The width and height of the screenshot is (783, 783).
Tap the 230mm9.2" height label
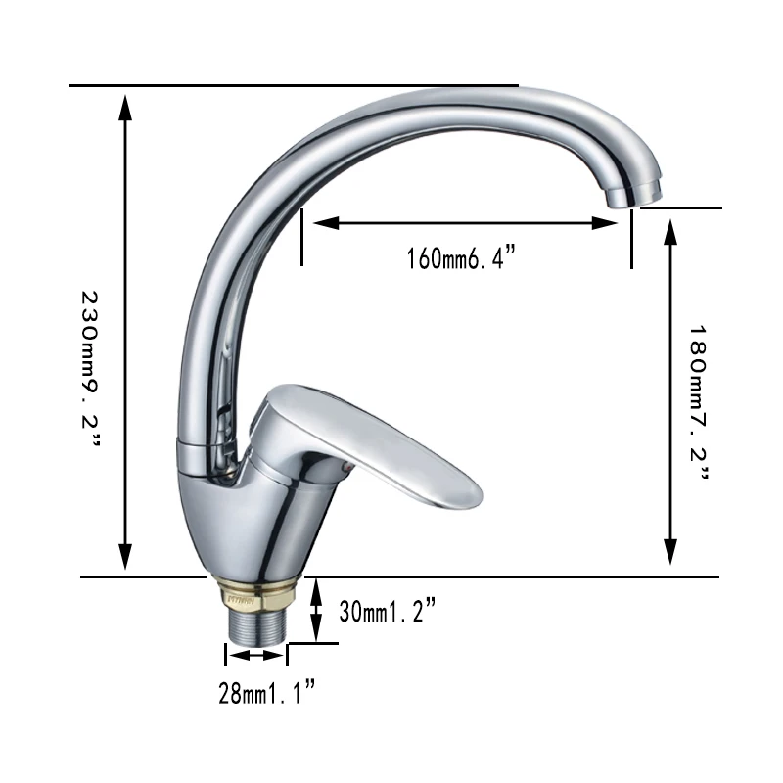click(90, 370)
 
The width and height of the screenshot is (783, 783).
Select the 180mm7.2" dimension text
click(698, 402)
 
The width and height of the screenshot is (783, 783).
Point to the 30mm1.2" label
click(388, 610)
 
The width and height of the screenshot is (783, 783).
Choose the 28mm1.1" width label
click(267, 692)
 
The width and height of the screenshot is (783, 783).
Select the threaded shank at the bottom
click(257, 626)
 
